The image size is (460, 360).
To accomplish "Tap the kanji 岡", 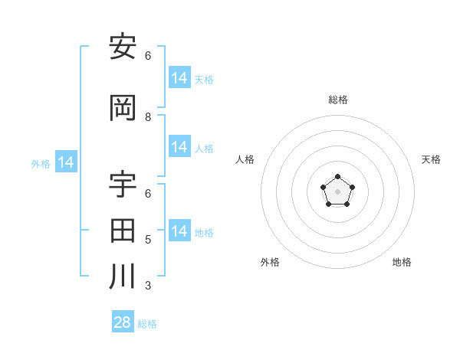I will [123, 108].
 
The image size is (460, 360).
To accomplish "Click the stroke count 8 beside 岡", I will [148, 117].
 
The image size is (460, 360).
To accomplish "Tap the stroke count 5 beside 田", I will [148, 240].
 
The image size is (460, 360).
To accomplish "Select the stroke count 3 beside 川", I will [148, 286].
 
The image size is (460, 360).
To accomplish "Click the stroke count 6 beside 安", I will [148, 56].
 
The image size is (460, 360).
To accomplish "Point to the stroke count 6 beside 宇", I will [148, 194].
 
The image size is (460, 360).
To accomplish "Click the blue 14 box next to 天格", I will [179, 78].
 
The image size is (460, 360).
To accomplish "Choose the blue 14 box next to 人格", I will [179, 147].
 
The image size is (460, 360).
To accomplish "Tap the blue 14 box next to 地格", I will [179, 231].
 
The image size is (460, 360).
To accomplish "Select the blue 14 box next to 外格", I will [66, 162].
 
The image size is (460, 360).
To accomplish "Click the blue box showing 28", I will [123, 322].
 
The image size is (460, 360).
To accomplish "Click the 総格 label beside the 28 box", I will [147, 324].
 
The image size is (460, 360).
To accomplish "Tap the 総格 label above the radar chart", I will [337, 100].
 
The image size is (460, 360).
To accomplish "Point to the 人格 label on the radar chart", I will [245, 159].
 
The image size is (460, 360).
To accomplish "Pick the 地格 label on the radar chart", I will [402, 262].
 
